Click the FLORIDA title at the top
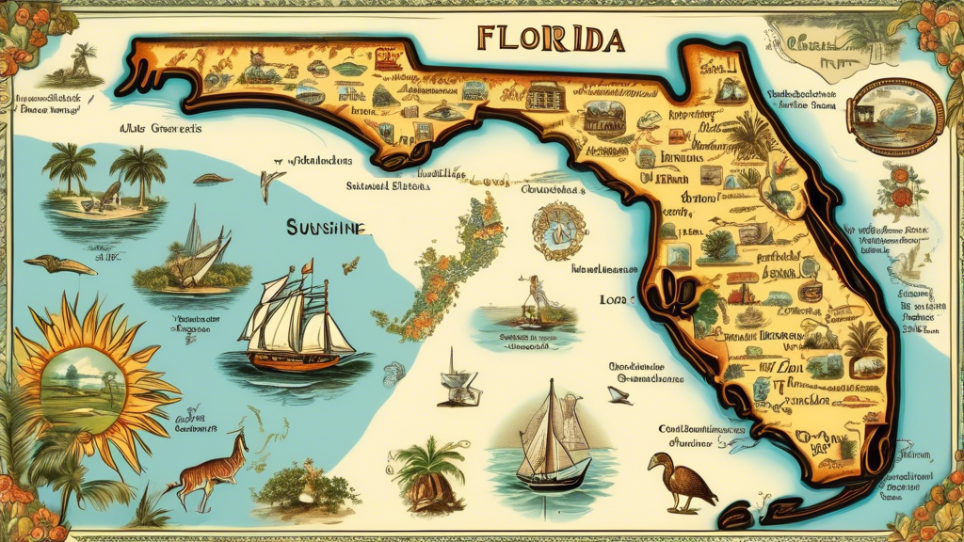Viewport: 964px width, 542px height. tap(551, 38)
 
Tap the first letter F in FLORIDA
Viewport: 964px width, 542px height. tap(488, 39)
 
